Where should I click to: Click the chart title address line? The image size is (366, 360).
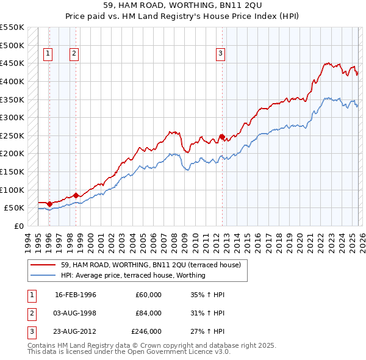click(x=183, y=5)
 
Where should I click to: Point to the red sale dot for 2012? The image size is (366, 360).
click(x=222, y=137)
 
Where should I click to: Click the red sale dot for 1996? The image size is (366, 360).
click(x=49, y=204)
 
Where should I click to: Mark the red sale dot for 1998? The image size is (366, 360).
click(x=76, y=195)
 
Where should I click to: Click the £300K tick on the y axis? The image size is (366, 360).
click(x=12, y=117)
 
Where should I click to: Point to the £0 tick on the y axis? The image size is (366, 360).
click(x=18, y=226)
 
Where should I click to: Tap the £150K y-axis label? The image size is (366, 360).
click(x=12, y=171)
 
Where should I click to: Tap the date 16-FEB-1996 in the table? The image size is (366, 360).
click(x=76, y=295)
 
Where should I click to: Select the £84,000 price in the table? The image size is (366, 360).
click(x=148, y=313)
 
